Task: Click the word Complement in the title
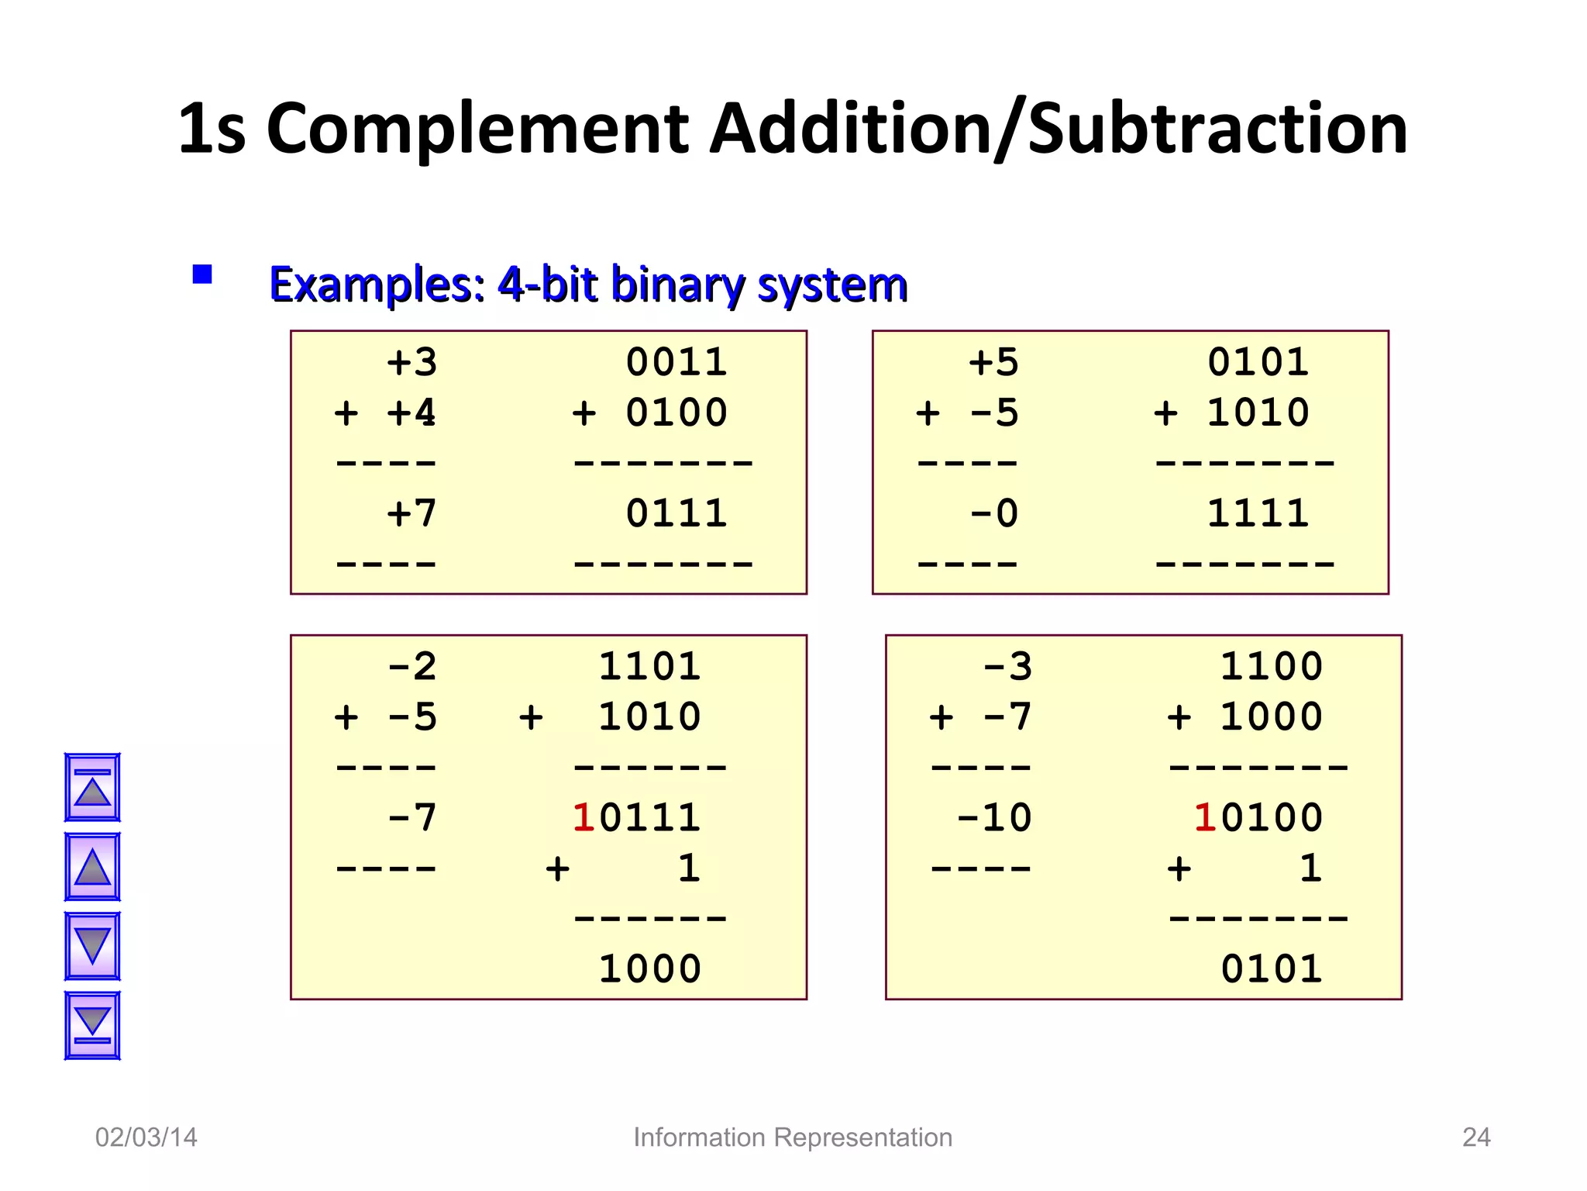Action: coord(477,129)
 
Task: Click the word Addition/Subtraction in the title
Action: coord(1059,129)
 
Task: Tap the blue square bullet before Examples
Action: coord(202,274)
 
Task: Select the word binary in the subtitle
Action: coord(677,285)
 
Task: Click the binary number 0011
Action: coord(676,362)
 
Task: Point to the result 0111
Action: coord(676,513)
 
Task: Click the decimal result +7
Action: coord(411,513)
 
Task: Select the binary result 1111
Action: coord(1258,513)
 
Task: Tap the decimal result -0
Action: coord(993,513)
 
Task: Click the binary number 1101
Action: coord(649,666)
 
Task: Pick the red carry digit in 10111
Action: coord(584,818)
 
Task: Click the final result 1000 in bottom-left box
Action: coord(649,969)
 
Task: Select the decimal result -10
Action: coord(993,818)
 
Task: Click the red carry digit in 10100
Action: coord(1204,818)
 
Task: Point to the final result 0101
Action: coord(1271,969)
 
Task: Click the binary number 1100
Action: coord(1271,666)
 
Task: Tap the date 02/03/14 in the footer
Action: coord(146,1137)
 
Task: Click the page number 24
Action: coord(1475,1137)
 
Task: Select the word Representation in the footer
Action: coord(862,1137)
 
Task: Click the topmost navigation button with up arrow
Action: coord(92,787)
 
